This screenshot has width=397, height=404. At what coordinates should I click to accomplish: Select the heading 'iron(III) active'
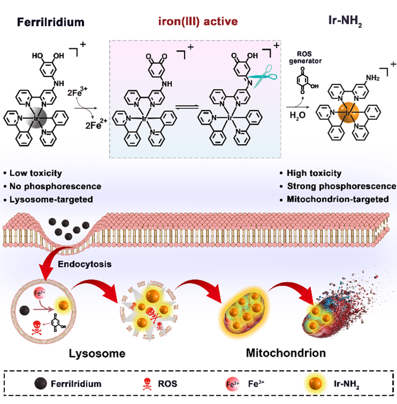tap(198, 23)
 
